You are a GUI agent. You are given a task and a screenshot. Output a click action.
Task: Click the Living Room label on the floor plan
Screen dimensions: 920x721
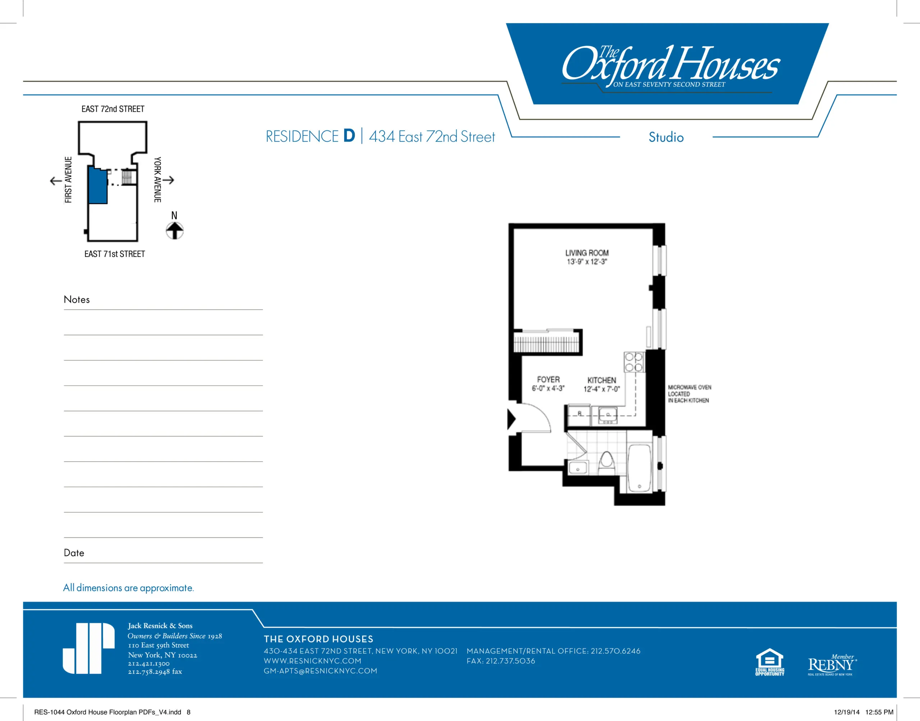pos(587,253)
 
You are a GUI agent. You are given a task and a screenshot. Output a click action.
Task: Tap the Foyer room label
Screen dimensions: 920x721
pos(548,379)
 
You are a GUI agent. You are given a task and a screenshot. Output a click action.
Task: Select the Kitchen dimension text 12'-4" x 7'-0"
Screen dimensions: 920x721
pos(602,389)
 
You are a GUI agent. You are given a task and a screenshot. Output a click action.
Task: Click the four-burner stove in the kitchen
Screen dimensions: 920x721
pos(634,362)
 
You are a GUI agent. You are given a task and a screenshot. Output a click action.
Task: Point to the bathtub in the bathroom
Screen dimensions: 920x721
pos(639,468)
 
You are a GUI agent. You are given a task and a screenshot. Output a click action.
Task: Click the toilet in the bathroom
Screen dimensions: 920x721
pos(607,463)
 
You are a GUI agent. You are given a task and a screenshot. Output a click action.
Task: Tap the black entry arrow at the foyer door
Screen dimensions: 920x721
pos(511,420)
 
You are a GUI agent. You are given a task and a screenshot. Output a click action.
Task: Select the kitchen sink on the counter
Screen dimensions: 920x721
pos(608,415)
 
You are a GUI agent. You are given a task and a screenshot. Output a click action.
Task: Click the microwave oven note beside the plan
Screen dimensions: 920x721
pos(689,394)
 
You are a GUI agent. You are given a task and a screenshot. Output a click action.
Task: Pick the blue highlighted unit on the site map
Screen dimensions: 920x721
pos(97,185)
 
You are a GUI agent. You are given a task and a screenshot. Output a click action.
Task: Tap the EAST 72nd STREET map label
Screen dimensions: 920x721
pos(113,109)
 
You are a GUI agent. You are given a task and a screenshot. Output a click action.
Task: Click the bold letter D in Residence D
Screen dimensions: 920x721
pos(349,136)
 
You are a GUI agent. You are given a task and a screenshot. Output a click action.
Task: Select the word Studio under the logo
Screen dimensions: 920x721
pos(666,137)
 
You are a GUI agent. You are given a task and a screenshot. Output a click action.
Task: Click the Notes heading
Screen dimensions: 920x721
pos(77,299)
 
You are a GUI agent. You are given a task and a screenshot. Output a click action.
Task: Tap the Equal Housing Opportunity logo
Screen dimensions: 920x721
pos(770,662)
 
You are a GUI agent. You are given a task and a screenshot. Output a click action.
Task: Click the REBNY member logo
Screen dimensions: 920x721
pos(832,665)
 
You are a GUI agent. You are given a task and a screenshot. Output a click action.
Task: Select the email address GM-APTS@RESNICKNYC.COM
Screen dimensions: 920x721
pos(321,671)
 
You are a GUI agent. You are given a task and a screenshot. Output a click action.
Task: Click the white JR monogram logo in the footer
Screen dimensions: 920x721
pos(88,648)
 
